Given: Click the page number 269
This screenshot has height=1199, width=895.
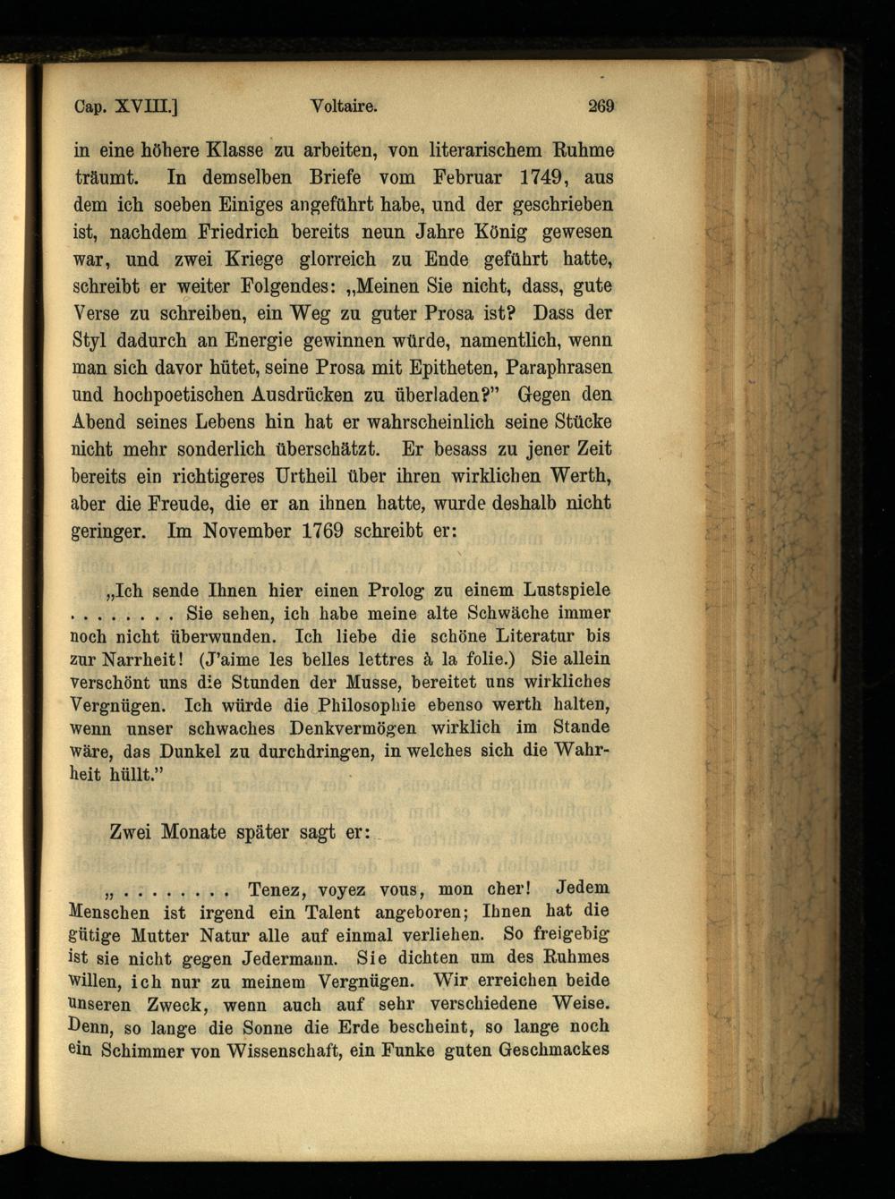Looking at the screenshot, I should click(601, 106).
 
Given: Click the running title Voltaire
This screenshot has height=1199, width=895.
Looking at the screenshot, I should click(343, 106).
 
